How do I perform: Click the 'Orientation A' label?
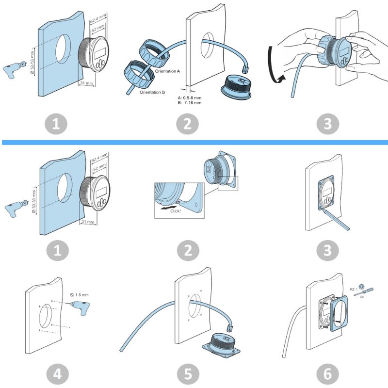[167, 71]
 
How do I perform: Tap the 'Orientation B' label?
[152, 92]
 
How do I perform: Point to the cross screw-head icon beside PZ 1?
[361, 287]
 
